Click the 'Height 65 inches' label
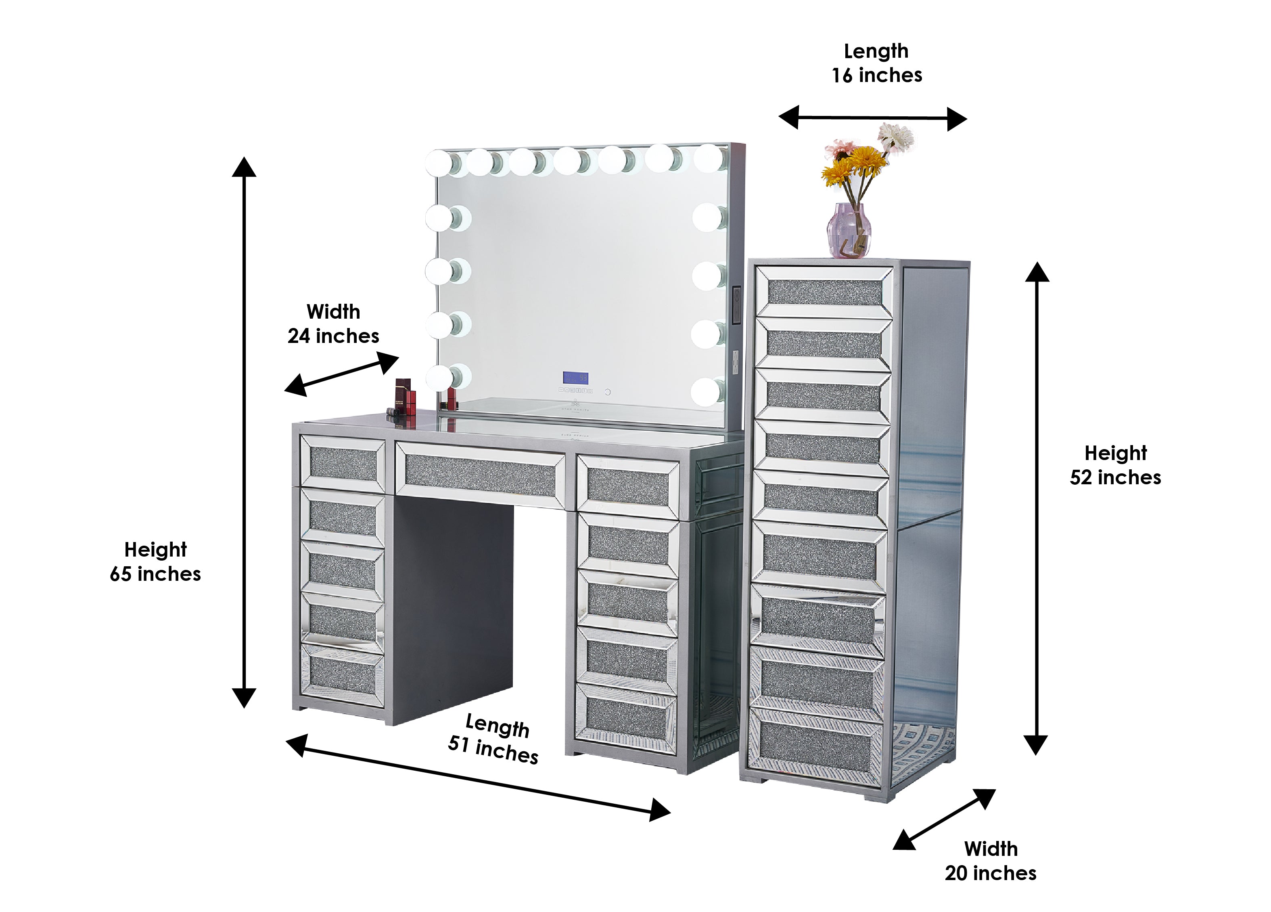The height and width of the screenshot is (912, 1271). tap(155, 561)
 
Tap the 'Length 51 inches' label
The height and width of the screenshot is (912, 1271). tap(494, 739)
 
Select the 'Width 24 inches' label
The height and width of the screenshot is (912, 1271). tap(333, 324)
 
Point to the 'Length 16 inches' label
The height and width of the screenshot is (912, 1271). tap(876, 63)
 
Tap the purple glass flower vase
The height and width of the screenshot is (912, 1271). tap(849, 230)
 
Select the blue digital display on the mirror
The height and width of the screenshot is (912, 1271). tap(575, 378)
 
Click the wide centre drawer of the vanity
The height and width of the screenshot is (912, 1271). tap(480, 475)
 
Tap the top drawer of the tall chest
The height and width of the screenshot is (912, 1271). tap(824, 292)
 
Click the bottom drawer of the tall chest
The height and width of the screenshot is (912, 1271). tap(816, 746)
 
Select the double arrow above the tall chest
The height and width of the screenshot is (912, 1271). tap(872, 118)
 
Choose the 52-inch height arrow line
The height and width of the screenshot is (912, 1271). tap(1036, 508)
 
